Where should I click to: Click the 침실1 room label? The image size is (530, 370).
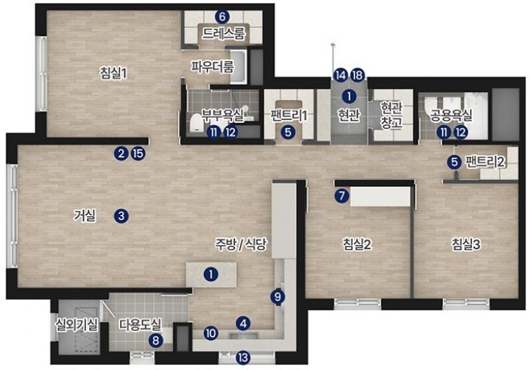tap(113, 73)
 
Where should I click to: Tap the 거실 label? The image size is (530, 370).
tap(85, 216)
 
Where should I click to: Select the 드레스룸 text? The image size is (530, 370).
tap(224, 33)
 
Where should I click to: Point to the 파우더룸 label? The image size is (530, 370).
tap(212, 66)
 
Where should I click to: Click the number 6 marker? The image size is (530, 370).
tap(222, 16)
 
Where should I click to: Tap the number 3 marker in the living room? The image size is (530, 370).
tap(121, 216)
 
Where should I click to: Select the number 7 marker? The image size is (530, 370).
tap(342, 196)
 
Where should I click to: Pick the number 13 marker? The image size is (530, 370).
tap(243, 357)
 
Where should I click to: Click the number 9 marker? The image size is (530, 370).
tap(278, 297)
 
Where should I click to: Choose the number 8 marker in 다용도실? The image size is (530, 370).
tap(156, 340)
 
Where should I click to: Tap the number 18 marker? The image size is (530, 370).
tap(357, 75)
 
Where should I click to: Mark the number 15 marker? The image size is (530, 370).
tap(138, 154)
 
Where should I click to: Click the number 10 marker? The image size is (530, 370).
tap(211, 334)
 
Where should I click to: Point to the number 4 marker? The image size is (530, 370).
tap(243, 324)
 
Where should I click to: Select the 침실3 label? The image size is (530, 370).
tap(466, 244)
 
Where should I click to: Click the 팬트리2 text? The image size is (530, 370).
tap(485, 162)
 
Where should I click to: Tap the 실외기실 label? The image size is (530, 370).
tap(77, 325)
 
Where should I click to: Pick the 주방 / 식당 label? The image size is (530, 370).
tap(241, 244)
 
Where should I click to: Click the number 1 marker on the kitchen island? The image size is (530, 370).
tap(211, 274)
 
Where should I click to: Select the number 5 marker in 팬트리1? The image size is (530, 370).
tap(288, 132)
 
